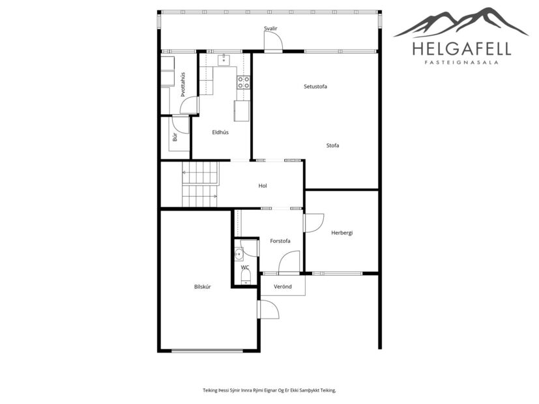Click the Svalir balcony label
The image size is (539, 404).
(x=271, y=29)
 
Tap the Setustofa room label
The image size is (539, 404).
(x=315, y=87)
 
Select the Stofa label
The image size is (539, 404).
(x=332, y=145)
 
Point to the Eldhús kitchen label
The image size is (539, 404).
(x=220, y=132)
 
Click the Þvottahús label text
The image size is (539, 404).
(x=183, y=84)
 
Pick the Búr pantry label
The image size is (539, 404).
(x=175, y=137)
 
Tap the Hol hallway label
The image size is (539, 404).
(x=263, y=186)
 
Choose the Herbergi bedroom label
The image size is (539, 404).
(x=342, y=233)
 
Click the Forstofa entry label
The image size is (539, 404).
(x=280, y=241)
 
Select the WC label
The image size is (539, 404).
(x=244, y=267)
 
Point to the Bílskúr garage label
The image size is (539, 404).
(x=203, y=287)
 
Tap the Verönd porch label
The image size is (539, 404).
(x=282, y=287)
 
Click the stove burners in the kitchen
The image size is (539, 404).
(x=243, y=82)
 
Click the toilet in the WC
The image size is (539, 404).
(x=245, y=279)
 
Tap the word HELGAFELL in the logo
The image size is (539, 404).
(x=461, y=48)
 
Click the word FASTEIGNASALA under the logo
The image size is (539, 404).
(x=461, y=63)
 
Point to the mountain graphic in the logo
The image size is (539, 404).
(x=461, y=23)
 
